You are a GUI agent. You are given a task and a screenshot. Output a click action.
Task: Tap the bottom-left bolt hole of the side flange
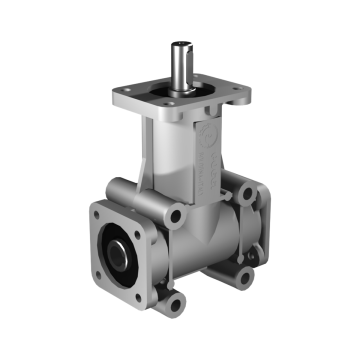(102, 273)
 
